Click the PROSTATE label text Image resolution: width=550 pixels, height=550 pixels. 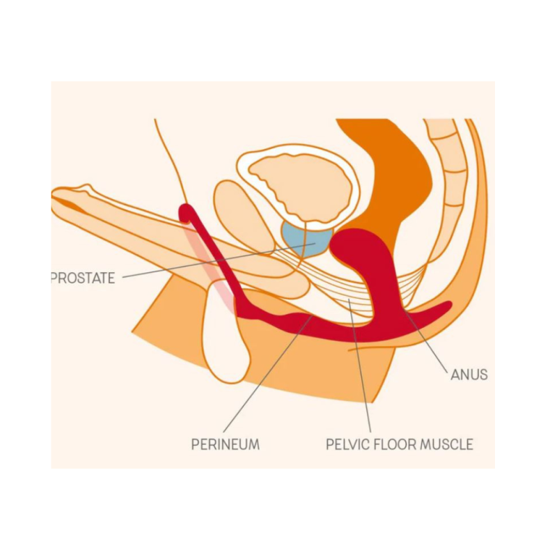point(83,278)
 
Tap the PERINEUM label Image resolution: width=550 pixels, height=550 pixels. point(225,444)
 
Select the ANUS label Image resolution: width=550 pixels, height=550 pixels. point(469,375)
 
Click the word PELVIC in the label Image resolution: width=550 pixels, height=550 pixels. point(347,444)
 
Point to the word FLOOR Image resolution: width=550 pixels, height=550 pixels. point(395,444)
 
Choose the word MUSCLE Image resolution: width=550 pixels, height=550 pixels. point(447,444)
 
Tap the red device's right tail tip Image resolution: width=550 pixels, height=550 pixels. point(447,305)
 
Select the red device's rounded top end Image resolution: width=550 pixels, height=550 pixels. point(187,212)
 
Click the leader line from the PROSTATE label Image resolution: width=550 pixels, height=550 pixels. point(219,260)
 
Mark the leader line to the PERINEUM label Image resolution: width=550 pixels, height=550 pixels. point(268,374)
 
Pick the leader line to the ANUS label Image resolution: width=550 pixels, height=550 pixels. point(426,340)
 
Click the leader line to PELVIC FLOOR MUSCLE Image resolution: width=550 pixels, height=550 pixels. point(359,365)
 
